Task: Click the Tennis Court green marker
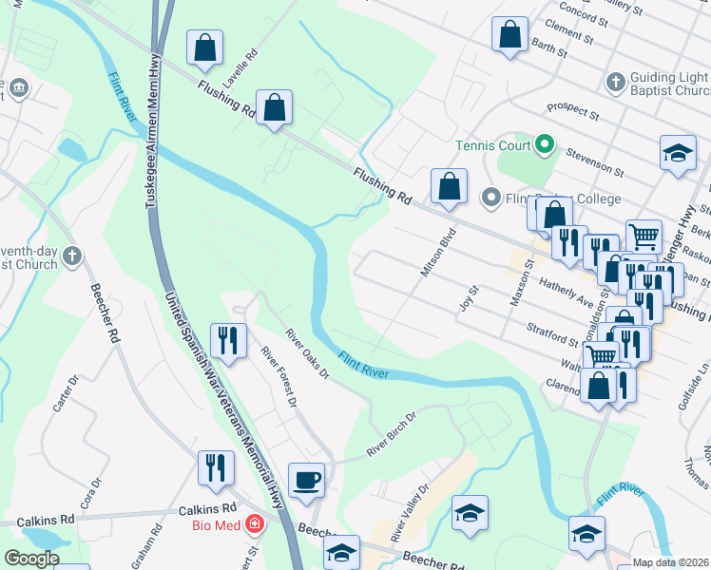[545, 145]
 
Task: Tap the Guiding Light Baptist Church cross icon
[615, 82]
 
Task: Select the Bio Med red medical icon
[255, 524]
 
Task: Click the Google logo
[32, 559]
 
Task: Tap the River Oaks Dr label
[307, 353]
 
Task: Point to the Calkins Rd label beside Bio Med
[206, 509]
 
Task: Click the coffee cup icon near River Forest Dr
[306, 480]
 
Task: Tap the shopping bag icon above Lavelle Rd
[204, 47]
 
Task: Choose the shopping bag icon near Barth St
[509, 34]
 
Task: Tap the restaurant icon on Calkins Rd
[216, 467]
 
